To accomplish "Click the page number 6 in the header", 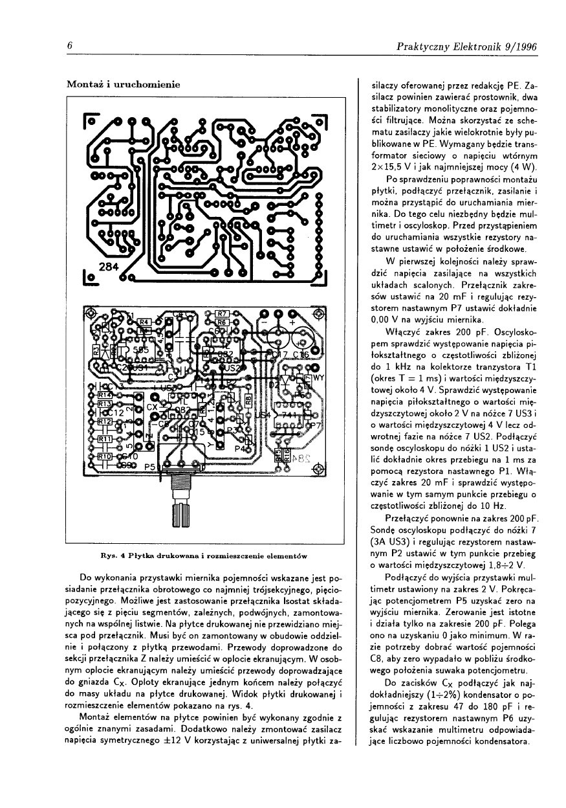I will coord(69,47).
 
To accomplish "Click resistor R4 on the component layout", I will coord(144,322).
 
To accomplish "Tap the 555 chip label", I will coord(140,350).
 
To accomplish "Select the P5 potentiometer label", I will coord(149,466).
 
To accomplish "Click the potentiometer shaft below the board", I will coord(181,515).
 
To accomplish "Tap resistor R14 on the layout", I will coord(105,394).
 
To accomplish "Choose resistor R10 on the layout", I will coord(105,456).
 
